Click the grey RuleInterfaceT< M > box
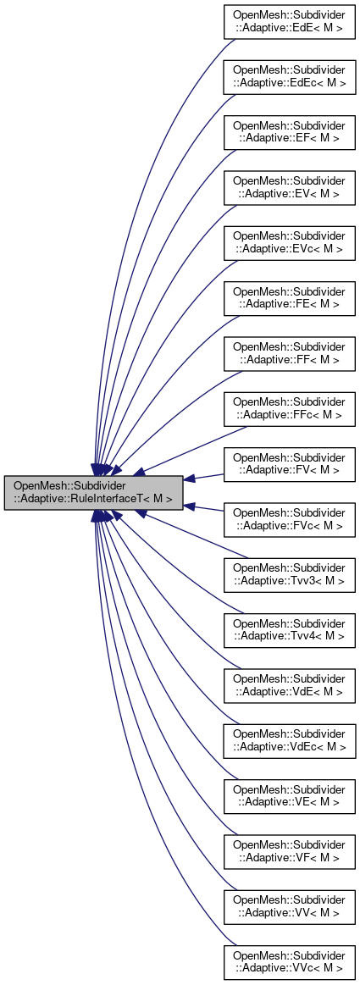tap(93, 492)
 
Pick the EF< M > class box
tap(289, 131)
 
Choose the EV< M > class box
tap(289, 187)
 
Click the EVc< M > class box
tap(289, 242)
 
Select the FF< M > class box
tap(289, 353)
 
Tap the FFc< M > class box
tap(289, 409)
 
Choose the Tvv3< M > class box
tap(289, 575)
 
